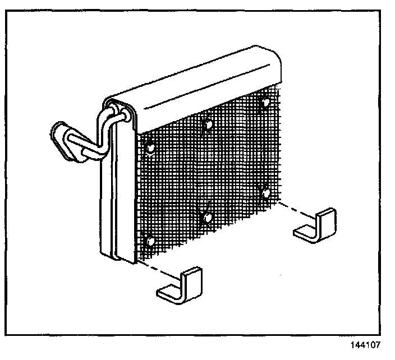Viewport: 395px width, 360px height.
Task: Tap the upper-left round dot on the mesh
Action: click(x=150, y=147)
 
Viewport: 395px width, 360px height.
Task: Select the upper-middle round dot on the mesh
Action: click(x=208, y=123)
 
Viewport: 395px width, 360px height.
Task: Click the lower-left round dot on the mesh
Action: click(x=149, y=242)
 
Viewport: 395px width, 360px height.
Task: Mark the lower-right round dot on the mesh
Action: click(x=266, y=193)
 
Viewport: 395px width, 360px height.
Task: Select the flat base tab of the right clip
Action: click(x=306, y=232)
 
